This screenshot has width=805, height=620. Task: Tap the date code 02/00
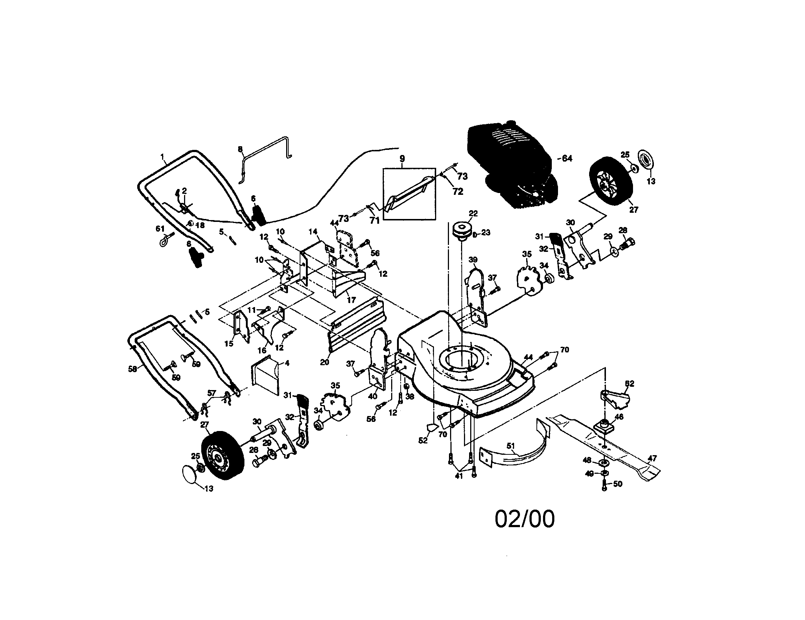pos(524,519)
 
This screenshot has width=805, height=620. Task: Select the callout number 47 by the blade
pos(652,458)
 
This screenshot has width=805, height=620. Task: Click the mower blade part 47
pos(604,446)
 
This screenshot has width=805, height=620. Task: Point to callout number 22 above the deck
pos(473,213)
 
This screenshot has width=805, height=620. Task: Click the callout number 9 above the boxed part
pos(402,159)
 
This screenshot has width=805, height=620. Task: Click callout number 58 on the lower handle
pos(132,368)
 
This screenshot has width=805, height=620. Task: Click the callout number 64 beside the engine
pos(567,158)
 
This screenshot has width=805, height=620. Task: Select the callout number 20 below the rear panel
pos(324,362)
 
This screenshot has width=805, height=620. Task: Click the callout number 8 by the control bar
pos(240,149)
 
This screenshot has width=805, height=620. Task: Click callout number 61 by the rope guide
pos(160,229)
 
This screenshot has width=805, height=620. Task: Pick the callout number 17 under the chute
pos(351,300)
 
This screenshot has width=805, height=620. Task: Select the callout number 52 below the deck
pos(423,440)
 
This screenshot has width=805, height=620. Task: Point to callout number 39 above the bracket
pos(473,260)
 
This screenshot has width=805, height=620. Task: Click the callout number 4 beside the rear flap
pos(287,363)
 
